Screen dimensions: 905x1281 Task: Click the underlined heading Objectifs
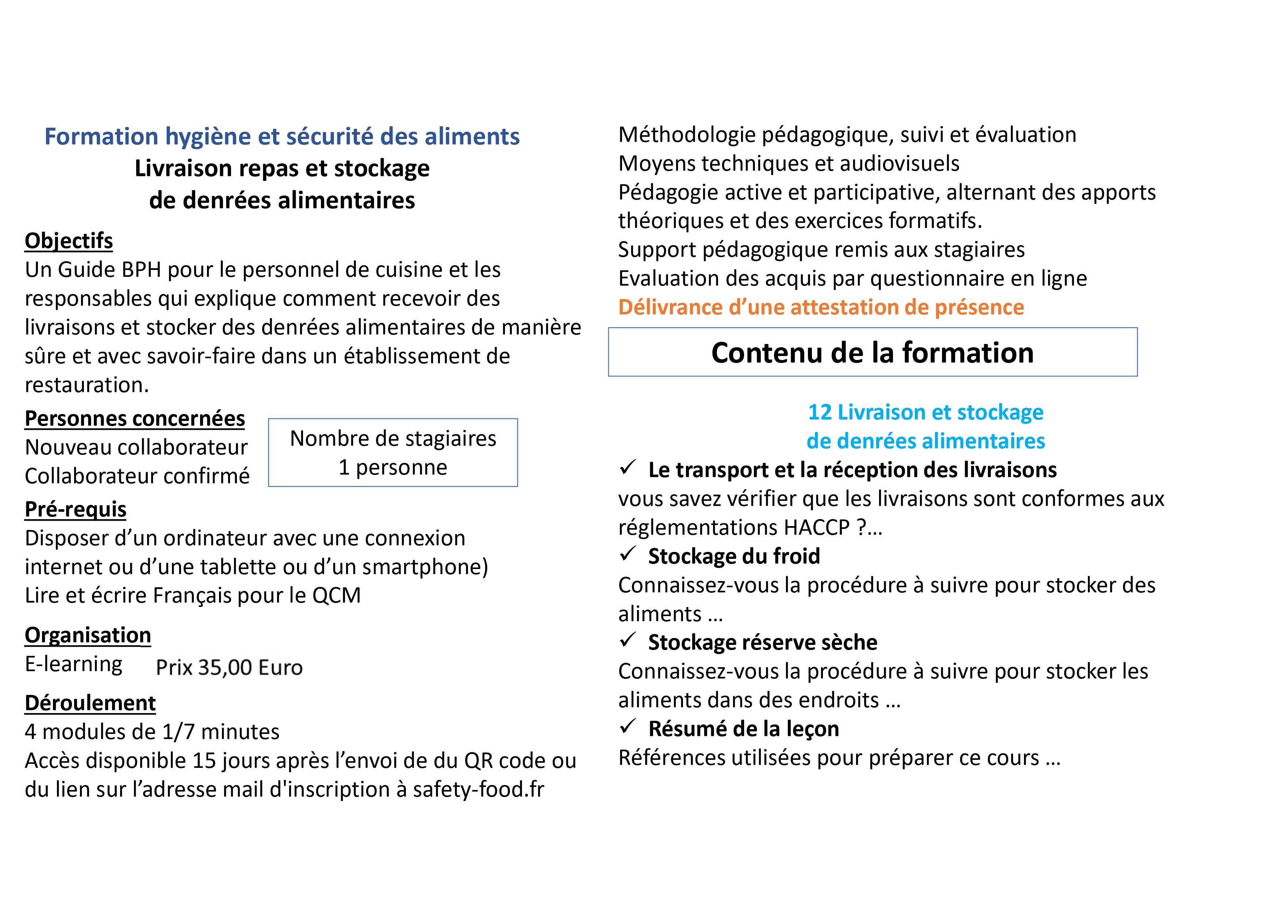point(69,241)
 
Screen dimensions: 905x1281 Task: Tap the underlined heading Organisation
point(88,635)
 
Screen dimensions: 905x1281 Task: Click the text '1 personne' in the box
point(393,467)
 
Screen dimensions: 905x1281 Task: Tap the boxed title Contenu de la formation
point(872,353)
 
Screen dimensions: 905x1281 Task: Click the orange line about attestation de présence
point(821,307)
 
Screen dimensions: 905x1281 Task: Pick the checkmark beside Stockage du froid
point(628,554)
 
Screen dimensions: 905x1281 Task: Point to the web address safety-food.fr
point(478,790)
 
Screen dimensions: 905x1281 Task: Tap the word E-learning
point(74,665)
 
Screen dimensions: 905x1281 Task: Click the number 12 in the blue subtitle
point(820,413)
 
